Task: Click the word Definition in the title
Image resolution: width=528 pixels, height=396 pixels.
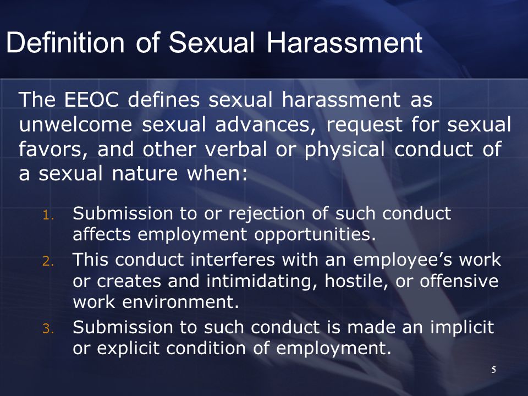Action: [65, 43]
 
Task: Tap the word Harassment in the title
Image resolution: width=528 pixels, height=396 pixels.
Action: [344, 43]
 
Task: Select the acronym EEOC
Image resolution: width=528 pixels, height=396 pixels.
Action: [92, 100]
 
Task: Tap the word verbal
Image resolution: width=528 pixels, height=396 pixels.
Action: [236, 148]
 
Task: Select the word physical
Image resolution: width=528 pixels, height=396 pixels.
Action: [344, 150]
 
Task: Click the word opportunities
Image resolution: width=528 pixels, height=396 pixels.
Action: [315, 235]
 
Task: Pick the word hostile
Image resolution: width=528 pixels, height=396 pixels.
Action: [355, 281]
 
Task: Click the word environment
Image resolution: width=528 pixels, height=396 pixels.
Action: [180, 302]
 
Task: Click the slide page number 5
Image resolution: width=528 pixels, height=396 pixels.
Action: [493, 370]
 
